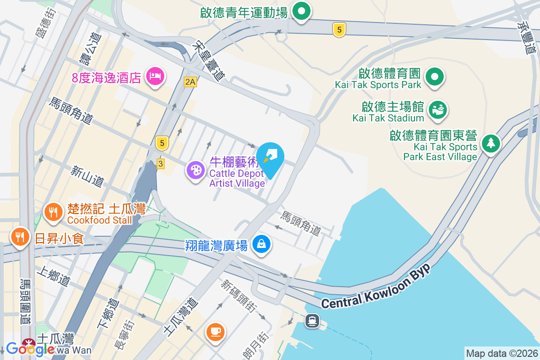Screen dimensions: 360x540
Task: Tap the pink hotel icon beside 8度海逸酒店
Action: click(155, 76)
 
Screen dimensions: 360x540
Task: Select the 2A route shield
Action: click(190, 81)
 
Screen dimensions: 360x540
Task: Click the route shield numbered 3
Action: click(160, 164)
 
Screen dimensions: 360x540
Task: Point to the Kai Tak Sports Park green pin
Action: click(434, 77)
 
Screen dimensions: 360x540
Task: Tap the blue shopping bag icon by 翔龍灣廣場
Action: click(261, 244)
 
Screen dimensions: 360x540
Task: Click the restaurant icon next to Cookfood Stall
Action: click(54, 212)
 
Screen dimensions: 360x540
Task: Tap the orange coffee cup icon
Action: click(215, 332)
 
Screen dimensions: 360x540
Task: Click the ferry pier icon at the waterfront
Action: click(312, 321)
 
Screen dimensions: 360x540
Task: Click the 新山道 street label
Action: click(87, 176)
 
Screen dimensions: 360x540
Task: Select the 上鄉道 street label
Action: click(54, 275)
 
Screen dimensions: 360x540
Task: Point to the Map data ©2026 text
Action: click(501, 353)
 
